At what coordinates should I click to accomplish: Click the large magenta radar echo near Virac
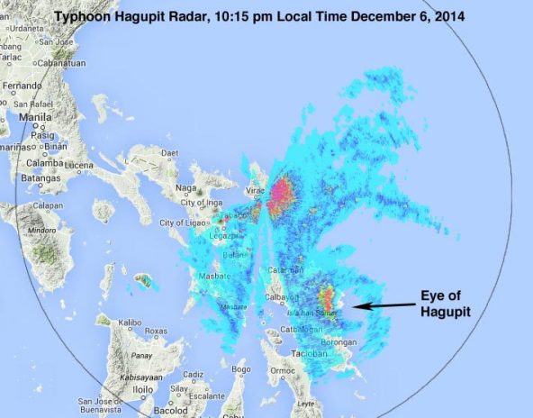[281, 192]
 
